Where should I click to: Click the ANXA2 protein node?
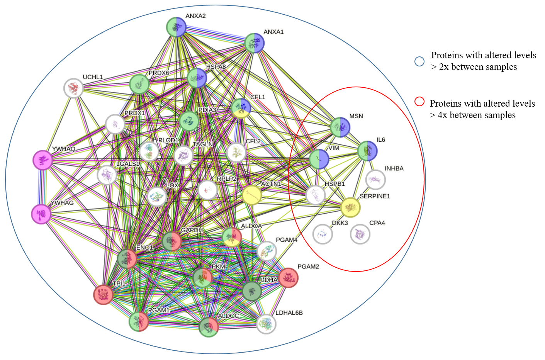click(176, 27)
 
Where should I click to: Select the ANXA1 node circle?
click(255, 42)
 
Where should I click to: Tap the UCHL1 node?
click(73, 88)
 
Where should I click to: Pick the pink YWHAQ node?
click(42, 160)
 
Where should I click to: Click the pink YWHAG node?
click(41, 214)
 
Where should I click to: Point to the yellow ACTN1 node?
click(252, 195)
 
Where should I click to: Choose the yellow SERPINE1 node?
click(350, 207)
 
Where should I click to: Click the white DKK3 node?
click(323, 234)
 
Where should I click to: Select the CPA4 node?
click(360, 234)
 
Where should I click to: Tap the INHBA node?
click(375, 180)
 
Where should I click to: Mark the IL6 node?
click(367, 151)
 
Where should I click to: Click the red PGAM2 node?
click(289, 277)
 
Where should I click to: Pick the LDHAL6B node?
click(266, 324)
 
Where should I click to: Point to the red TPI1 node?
click(103, 295)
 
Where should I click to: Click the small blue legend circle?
click(419, 61)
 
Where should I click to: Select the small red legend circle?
click(419, 101)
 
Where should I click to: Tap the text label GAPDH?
click(192, 230)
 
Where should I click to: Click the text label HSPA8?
click(216, 67)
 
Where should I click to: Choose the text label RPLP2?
click(227, 179)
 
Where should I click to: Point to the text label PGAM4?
click(287, 240)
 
